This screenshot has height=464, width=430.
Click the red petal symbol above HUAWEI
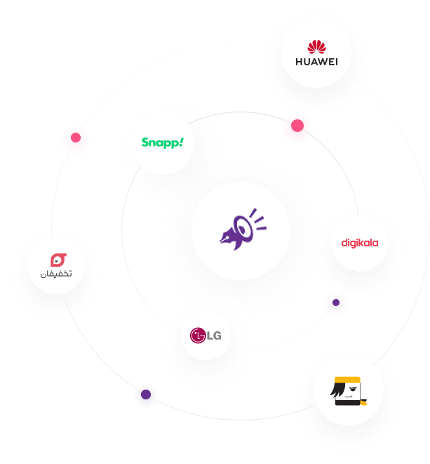point(317,47)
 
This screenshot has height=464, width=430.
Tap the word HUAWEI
point(317,62)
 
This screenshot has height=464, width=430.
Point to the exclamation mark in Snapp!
point(180,142)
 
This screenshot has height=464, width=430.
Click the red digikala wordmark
point(360,244)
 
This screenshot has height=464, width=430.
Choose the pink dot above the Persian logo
point(75,140)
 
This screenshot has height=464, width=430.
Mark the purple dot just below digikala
point(335,304)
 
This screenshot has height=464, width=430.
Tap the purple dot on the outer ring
point(146,395)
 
